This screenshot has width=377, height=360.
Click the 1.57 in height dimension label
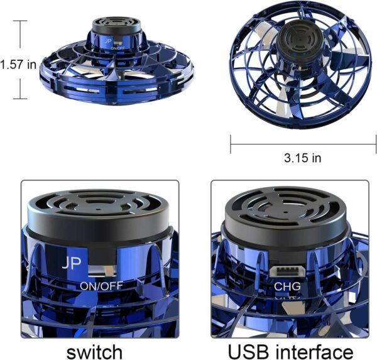pos(18,65)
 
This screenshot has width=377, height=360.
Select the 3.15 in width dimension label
pos(302,158)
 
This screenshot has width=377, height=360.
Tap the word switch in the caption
pos(94,352)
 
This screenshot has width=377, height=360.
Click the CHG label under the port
pos(287,286)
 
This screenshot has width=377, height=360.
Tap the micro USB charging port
pos(287,270)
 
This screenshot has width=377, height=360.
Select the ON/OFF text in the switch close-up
pos(101,286)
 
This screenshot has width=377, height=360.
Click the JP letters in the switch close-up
pos(72,263)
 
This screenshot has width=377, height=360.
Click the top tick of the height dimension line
pos(20,21)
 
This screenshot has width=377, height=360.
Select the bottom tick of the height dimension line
pos(20,99)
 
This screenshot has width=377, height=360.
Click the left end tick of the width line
pos(231,145)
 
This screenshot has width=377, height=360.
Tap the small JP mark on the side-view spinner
pos(109,41)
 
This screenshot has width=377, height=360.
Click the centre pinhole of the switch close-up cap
pos(98,209)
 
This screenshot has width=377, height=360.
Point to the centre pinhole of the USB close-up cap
pos(285,212)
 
